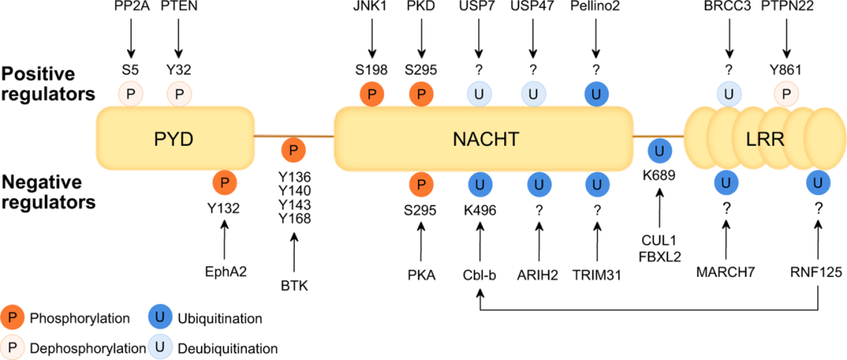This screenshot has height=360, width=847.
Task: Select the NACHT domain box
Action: [x=483, y=140]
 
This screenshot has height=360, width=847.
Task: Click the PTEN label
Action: [x=180, y=9]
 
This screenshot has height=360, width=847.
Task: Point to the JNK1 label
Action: [x=373, y=9]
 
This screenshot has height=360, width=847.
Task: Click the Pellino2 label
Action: [x=598, y=9]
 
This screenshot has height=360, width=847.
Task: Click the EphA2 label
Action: [x=224, y=271]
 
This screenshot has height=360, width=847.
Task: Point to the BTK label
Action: [x=294, y=285]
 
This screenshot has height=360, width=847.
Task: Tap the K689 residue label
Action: [x=659, y=174]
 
